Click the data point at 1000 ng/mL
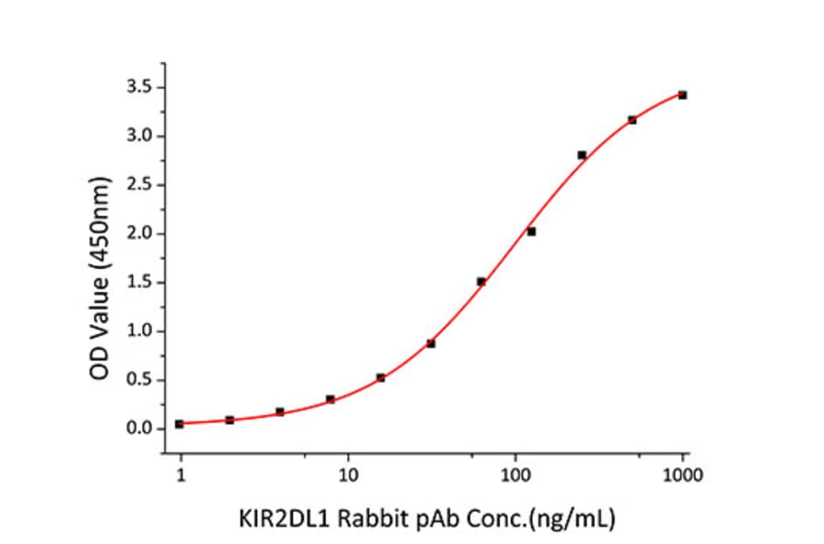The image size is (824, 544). pos(682,95)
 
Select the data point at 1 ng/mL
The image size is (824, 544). pos(179,424)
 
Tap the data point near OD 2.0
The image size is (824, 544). pos(531,232)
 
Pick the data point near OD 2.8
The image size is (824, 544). pos(581,155)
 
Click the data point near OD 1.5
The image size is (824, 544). pos(481,281)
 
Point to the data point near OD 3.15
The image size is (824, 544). pos(632,120)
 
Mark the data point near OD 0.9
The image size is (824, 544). pos(430,343)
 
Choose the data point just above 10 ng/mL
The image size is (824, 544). pos(380,377)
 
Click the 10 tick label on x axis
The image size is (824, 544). pos(348,474)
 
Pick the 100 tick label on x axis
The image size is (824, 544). pos(515,474)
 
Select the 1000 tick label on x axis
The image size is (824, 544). pos(682,474)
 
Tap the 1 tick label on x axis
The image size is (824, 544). pos(180,474)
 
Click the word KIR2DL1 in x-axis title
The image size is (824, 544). pos(277,519)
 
